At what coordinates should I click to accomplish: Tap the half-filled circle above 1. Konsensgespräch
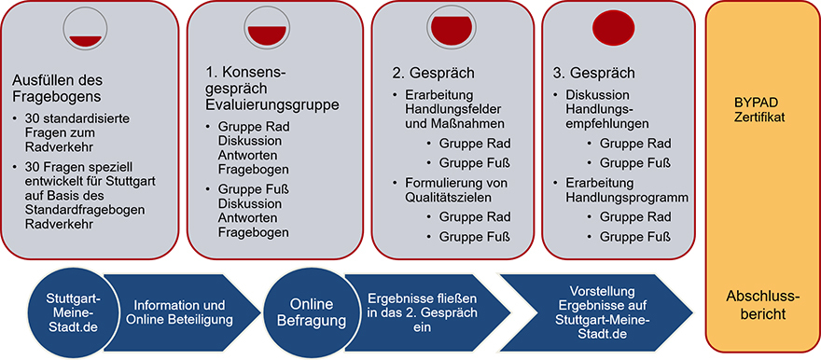(x=264, y=28)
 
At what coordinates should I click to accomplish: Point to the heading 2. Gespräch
(x=432, y=73)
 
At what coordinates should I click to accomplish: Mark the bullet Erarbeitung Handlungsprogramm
(x=626, y=188)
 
